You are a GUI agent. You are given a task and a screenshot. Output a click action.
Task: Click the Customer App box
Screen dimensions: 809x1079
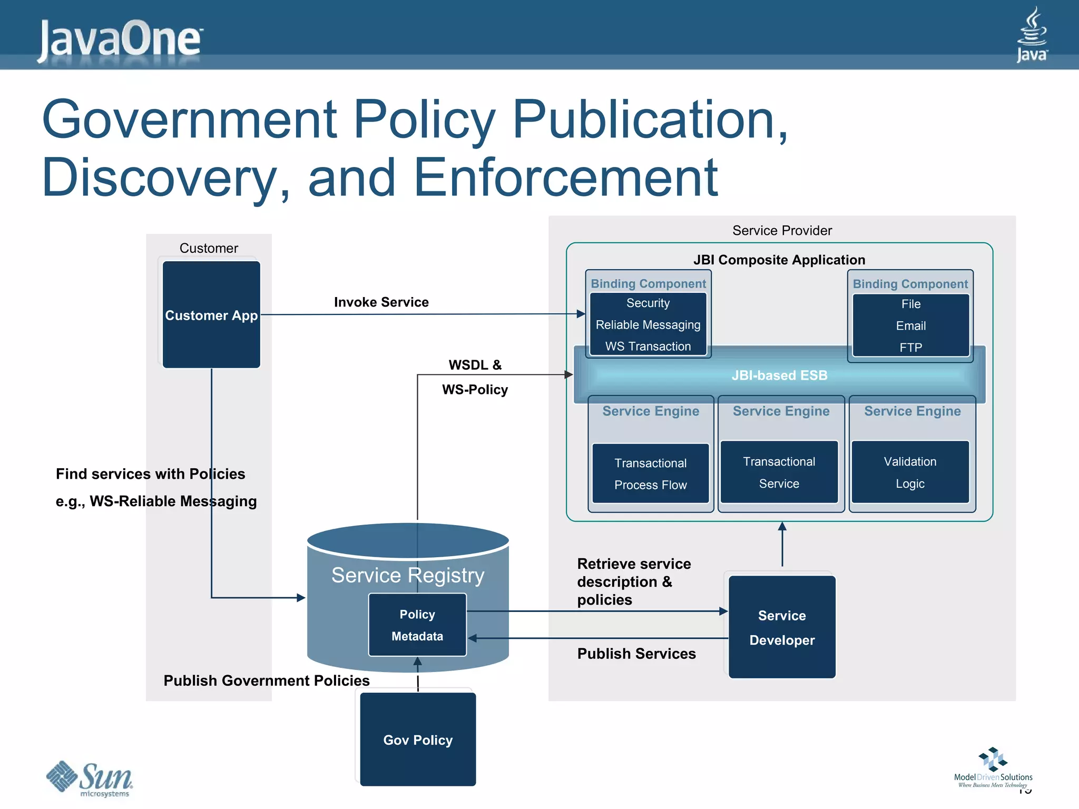211,315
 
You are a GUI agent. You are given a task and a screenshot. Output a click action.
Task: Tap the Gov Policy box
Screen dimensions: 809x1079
418,739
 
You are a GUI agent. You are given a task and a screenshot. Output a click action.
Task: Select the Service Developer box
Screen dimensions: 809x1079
782,627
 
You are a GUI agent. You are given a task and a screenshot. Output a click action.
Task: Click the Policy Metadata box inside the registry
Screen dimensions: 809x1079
417,625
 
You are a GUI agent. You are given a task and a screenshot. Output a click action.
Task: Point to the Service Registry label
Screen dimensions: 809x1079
408,575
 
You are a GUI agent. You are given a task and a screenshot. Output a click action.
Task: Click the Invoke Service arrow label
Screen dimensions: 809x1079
381,302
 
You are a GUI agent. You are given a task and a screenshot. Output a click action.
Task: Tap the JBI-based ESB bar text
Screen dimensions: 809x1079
779,376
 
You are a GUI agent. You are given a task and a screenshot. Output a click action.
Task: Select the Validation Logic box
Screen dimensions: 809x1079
910,472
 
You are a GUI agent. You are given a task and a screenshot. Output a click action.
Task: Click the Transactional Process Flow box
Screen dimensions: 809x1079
650,473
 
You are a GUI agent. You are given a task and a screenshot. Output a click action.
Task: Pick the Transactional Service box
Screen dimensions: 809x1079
779,472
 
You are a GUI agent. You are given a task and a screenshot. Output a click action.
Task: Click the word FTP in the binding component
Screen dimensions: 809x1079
910,348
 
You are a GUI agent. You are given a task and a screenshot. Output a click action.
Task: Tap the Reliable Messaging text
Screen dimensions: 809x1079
648,325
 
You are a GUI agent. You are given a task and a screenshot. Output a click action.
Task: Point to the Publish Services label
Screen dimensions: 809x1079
636,654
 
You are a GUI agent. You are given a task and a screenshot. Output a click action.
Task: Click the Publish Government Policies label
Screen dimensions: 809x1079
267,680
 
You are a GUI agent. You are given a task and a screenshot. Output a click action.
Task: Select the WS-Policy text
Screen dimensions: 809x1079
475,390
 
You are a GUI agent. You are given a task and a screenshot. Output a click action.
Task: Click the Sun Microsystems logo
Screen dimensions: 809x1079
90,778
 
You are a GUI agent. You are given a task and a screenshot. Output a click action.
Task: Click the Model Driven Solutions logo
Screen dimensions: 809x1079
993,767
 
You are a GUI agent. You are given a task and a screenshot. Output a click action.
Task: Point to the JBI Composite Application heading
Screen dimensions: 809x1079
779,260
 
